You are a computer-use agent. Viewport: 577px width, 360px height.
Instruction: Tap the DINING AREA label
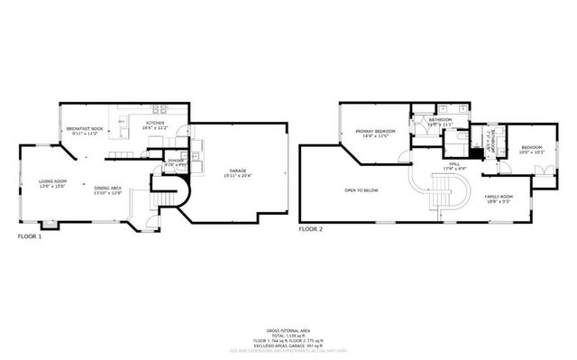pyautogui.click(x=108, y=188)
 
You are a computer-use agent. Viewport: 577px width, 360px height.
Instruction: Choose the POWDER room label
pyautogui.click(x=176, y=160)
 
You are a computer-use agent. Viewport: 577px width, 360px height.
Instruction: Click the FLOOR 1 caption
pyautogui.click(x=32, y=236)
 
